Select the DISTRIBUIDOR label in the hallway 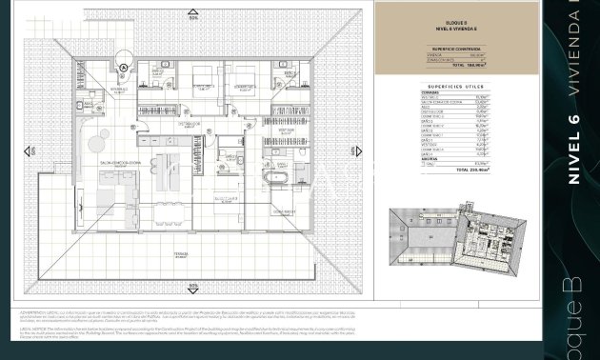(188, 124)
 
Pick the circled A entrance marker (124, 67)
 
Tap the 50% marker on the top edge (193, 17)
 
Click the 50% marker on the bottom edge (193, 285)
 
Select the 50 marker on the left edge (30, 151)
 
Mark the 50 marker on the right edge (357, 151)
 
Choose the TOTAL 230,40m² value (467, 170)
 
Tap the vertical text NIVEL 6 (573, 148)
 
